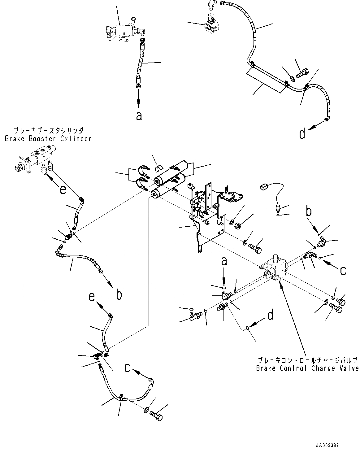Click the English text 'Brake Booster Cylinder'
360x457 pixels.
coord(48,138)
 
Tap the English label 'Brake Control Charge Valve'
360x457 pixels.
coord(307,368)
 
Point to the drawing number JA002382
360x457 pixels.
coord(327,446)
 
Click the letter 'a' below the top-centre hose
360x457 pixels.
coord(139,116)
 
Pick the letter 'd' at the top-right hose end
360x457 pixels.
coord(302,134)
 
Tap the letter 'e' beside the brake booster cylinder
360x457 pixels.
coord(63,189)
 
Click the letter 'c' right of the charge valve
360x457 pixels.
coord(343,271)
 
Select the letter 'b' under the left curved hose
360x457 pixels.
coord(119,295)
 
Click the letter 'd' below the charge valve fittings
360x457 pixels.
coord(270,315)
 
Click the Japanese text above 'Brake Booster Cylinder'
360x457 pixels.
coord(48,130)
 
